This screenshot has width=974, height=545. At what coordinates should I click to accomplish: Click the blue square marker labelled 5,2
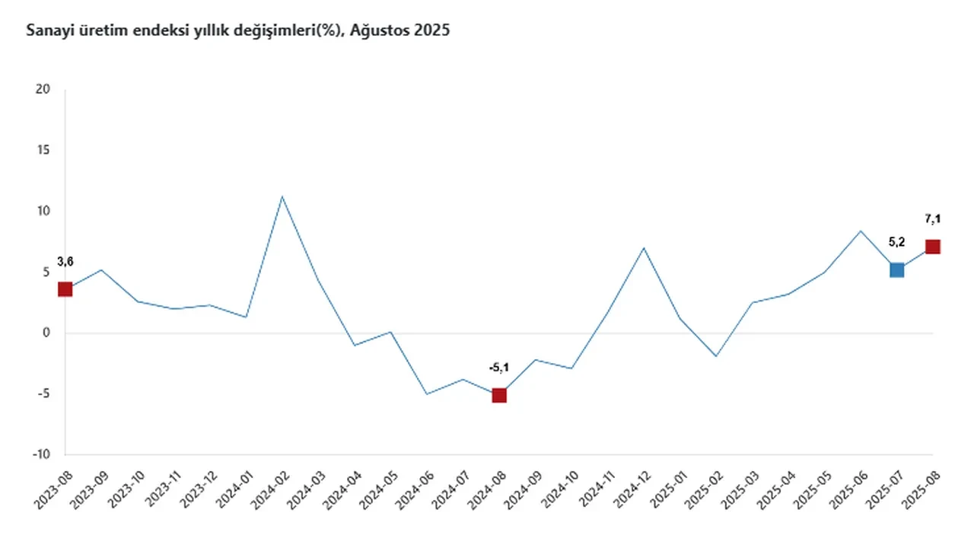pos(896,269)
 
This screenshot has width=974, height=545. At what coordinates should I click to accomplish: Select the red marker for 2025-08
pos(932,247)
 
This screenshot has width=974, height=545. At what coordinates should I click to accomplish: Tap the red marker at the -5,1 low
pos(499,395)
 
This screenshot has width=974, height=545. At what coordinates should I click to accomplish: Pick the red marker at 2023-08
pos(65,289)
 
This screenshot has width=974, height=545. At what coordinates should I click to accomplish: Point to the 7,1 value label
pos(932,219)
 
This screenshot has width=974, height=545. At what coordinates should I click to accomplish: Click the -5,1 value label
pos(498,368)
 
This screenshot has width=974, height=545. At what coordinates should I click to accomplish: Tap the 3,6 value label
pos(65,262)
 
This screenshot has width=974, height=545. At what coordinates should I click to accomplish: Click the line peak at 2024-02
pos(282,196)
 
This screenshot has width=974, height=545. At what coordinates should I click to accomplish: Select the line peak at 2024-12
pos(644,247)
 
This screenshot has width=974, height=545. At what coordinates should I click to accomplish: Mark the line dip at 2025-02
pos(716,356)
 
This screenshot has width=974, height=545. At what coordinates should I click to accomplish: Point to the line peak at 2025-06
pos(861,231)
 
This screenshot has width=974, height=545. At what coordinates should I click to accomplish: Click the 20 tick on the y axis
pos(43,90)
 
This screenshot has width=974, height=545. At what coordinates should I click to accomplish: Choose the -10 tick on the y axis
pos(41,455)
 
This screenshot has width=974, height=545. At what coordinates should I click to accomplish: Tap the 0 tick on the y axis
pos(46,333)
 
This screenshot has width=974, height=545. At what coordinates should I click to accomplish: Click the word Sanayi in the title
pos(46,31)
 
